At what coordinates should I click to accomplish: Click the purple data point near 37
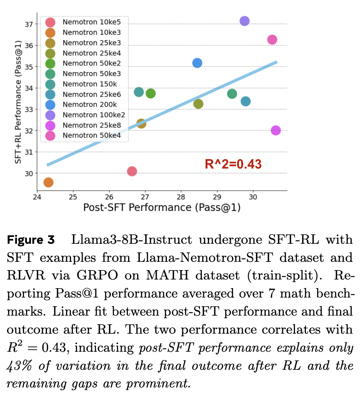click(x=244, y=21)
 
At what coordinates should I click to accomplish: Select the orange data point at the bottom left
click(x=48, y=182)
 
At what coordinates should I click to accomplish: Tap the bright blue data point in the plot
click(x=197, y=63)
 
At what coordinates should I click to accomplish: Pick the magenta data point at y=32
click(x=275, y=131)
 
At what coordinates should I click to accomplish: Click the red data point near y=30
click(x=132, y=171)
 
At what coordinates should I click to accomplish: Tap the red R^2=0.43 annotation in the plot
click(x=233, y=164)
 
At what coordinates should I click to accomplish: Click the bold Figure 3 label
click(x=31, y=240)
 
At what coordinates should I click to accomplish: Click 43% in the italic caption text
click(x=20, y=366)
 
